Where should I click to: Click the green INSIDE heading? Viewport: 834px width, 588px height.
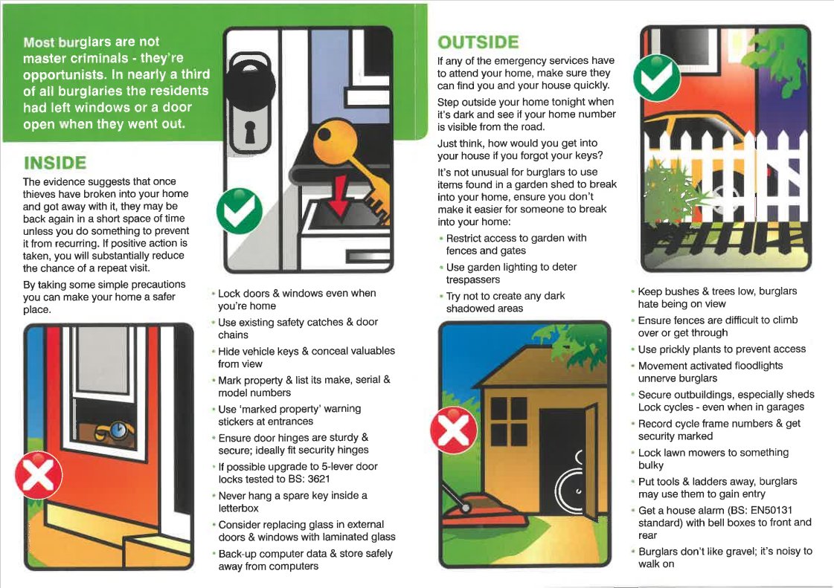pyautogui.click(x=55, y=163)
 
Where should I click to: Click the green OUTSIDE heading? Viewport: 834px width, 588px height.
pyautogui.click(x=478, y=42)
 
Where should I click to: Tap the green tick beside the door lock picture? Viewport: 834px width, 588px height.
pyautogui.click(x=240, y=211)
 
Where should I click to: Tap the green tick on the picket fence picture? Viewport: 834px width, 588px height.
pyautogui.click(x=657, y=78)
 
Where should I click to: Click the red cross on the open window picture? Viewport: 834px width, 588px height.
pyautogui.click(x=39, y=475)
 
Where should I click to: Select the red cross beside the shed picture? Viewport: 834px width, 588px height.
pyautogui.click(x=453, y=430)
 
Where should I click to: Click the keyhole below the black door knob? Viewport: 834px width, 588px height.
pyautogui.click(x=250, y=132)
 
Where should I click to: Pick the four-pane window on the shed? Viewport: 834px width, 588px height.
pyautogui.click(x=509, y=421)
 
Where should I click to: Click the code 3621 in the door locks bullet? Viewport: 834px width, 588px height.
pyautogui.click(x=318, y=479)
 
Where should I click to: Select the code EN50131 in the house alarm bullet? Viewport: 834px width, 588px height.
pyautogui.click(x=771, y=511)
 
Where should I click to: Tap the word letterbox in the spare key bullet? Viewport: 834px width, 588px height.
pyautogui.click(x=238, y=508)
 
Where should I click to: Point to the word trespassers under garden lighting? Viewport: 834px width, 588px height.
pyautogui.click(x=473, y=280)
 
